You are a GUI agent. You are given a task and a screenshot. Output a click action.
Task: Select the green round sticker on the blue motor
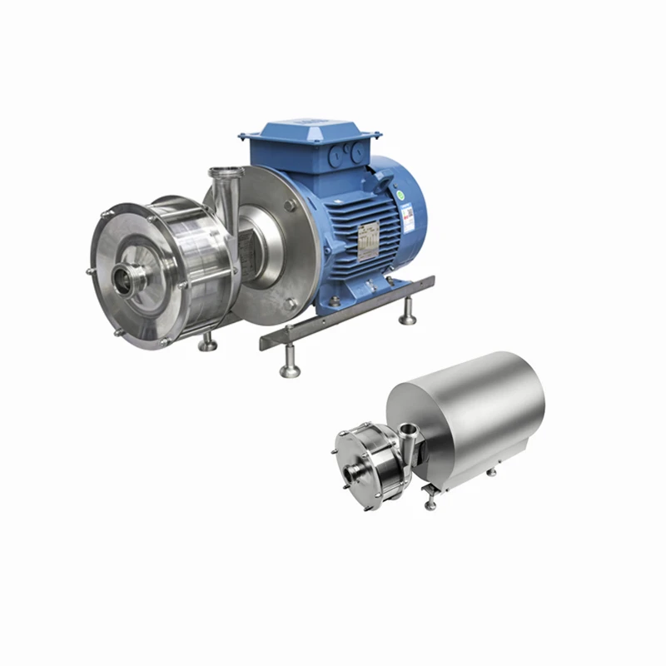pos(400,194)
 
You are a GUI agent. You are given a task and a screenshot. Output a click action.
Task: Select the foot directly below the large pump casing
pos(206,341)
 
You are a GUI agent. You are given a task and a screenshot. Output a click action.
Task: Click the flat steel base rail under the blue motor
pos(350,311)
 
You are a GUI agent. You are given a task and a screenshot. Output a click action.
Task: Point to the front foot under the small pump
pos(430,502)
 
